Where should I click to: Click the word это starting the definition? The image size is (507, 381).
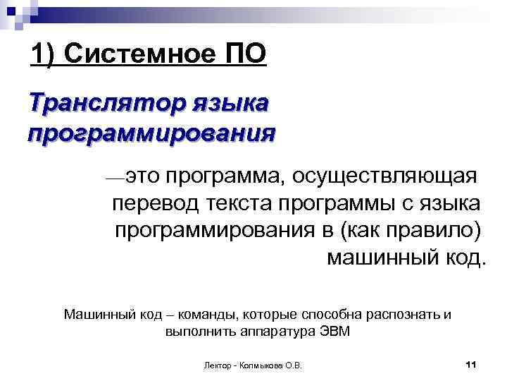click(x=146, y=174)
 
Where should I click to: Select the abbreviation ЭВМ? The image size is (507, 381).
click(x=334, y=331)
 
